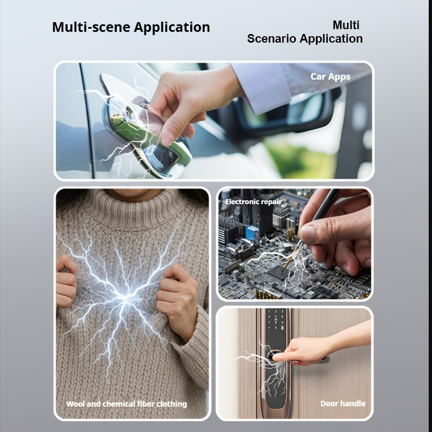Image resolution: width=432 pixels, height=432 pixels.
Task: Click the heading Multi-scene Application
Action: (131, 28)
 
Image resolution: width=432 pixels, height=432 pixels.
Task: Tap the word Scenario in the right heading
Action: (271, 38)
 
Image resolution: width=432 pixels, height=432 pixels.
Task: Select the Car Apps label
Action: (330, 77)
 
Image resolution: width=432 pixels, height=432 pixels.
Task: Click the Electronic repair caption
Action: (253, 201)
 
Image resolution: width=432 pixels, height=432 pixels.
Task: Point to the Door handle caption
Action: (343, 403)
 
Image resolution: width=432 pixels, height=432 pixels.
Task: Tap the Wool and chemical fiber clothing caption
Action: (126, 404)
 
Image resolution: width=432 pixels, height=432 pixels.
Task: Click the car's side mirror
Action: (287, 113)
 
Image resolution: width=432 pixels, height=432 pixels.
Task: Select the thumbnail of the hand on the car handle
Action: (214, 120)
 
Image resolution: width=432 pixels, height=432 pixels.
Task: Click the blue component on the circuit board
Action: (253, 234)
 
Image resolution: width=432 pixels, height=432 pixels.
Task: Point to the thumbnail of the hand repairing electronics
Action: (294, 244)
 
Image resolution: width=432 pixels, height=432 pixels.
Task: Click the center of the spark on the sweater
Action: (125, 297)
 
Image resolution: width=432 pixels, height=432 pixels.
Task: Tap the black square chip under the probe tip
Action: (279, 272)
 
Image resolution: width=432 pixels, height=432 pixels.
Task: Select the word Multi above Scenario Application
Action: (346, 25)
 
